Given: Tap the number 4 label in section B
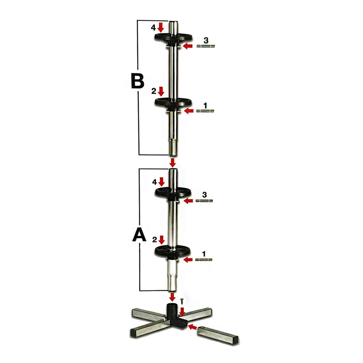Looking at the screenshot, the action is (153, 28).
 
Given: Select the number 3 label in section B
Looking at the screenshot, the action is (206, 40).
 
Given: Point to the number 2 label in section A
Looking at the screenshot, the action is (155, 240).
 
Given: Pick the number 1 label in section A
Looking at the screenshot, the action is (204, 254).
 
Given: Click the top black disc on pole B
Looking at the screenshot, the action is (173, 37).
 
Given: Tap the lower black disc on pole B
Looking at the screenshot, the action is (173, 103).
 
